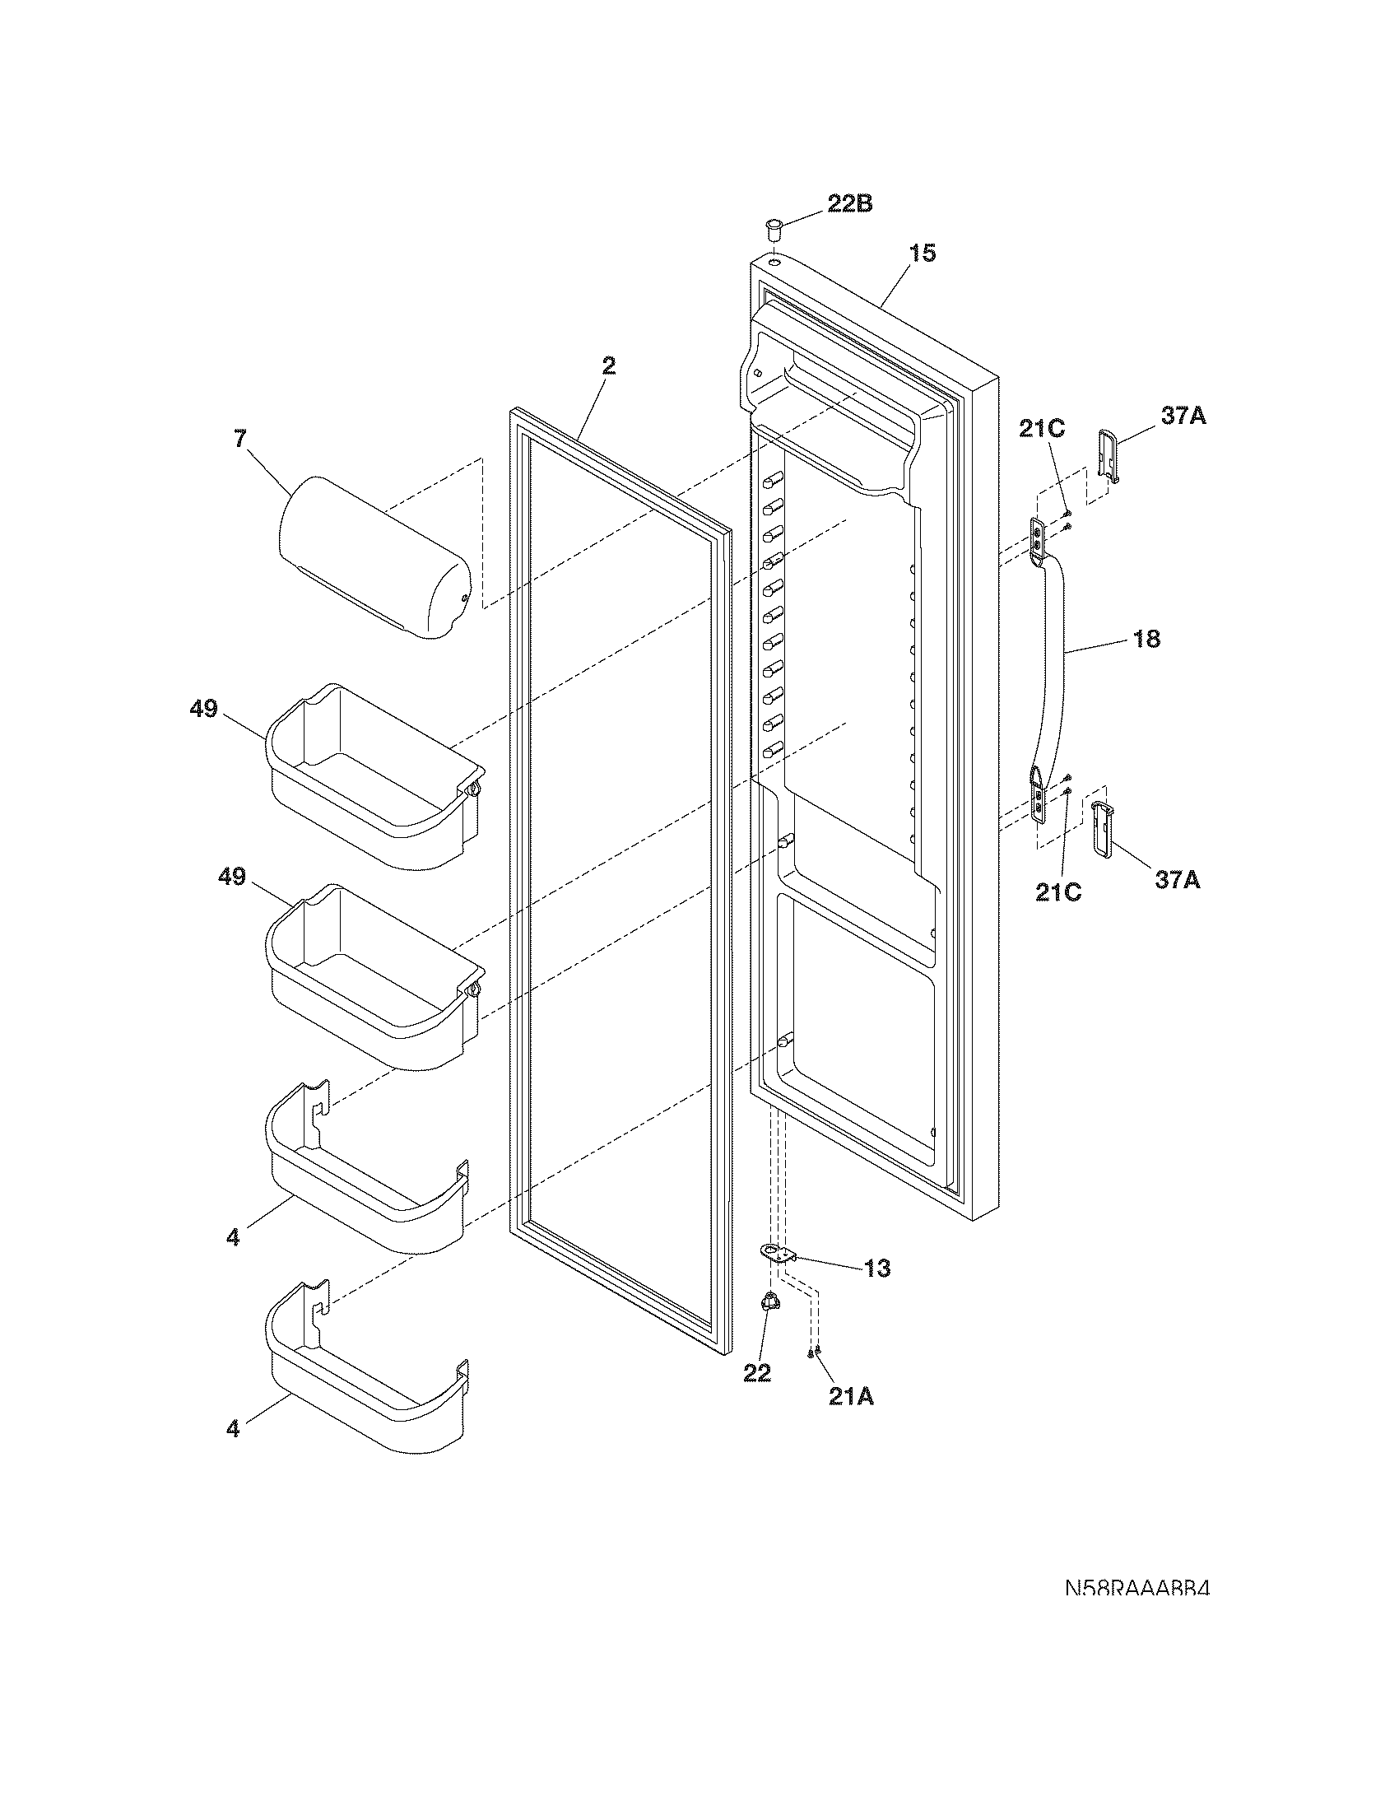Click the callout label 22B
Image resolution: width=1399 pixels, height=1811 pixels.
click(849, 204)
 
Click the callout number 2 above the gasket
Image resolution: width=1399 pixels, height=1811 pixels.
click(608, 365)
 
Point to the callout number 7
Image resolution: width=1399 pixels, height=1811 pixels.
click(239, 439)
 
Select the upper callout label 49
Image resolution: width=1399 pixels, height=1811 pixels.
click(203, 709)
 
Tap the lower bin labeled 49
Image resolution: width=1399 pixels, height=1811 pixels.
click(373, 979)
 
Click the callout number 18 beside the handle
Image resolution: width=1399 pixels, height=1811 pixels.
click(1147, 639)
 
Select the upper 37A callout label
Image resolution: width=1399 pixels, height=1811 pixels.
click(1183, 417)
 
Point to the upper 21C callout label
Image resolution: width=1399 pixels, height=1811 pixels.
click(1042, 429)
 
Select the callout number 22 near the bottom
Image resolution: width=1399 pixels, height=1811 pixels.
click(756, 1373)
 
